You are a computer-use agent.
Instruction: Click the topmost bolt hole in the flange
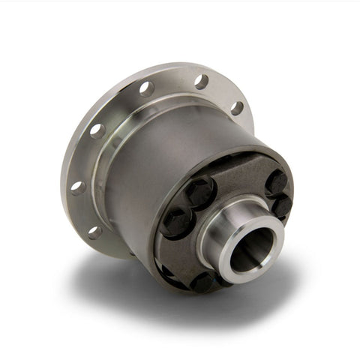201,80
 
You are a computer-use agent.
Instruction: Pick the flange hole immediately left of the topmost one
147,88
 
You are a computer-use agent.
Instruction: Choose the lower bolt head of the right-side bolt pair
282,205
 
